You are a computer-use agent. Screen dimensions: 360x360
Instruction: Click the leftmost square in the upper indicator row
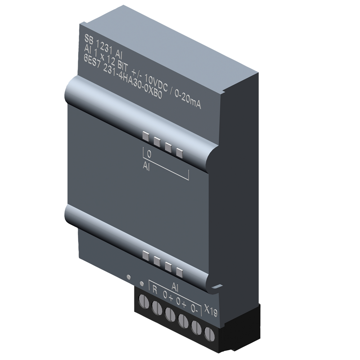pyautogui.click(x=146, y=136)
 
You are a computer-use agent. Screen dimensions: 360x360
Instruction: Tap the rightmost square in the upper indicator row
pyautogui.click(x=179, y=154)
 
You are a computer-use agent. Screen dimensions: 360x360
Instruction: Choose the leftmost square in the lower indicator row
pyautogui.click(x=145, y=255)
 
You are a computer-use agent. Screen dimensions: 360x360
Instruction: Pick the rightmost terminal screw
pyautogui.click(x=208, y=333)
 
